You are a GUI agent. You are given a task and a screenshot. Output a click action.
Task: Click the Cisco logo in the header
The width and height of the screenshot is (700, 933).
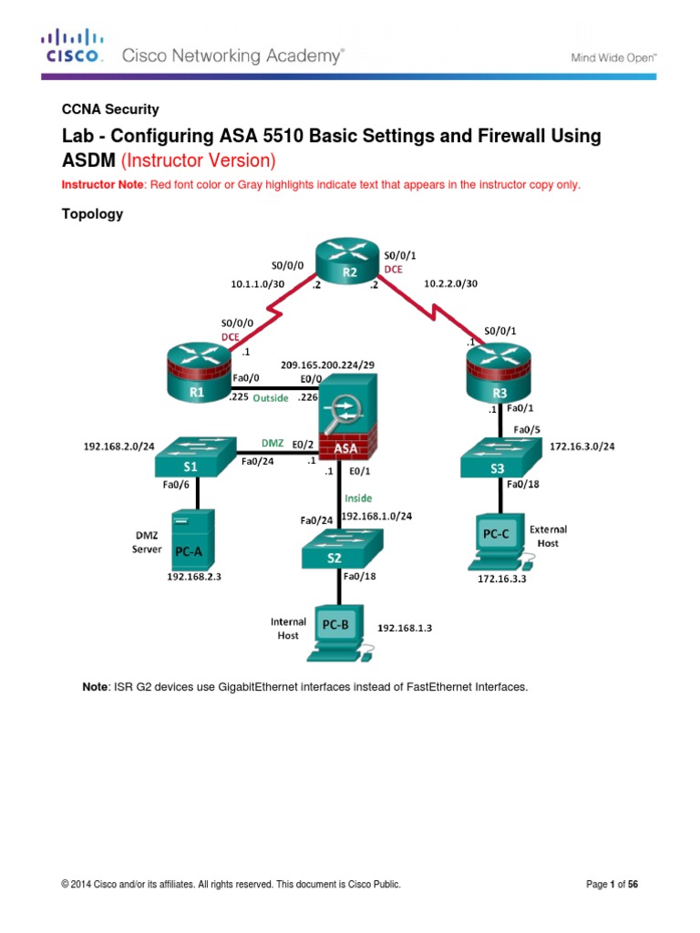pos(72,47)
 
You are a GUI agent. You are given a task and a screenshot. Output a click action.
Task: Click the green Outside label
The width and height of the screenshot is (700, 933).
pos(272,397)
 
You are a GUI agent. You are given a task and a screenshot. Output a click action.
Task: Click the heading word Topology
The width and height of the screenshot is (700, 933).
pos(91,214)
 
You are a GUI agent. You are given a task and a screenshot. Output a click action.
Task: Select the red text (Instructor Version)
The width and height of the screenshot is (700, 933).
pos(214,161)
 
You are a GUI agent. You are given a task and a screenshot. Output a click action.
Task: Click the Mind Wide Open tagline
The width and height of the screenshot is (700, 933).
pos(614,56)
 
